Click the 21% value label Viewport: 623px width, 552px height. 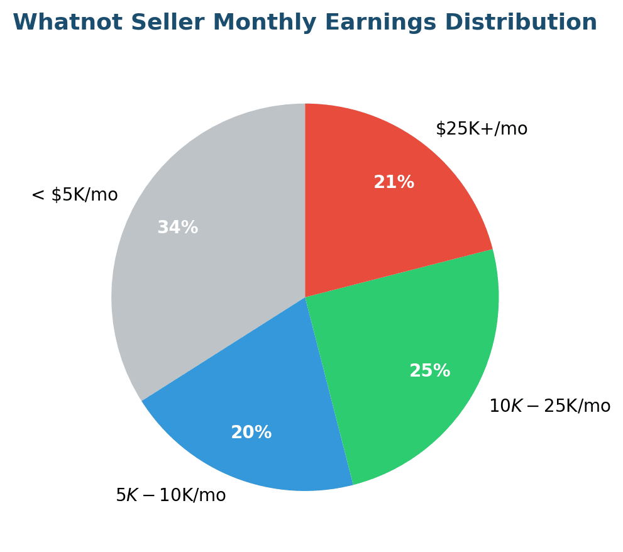coord(394,183)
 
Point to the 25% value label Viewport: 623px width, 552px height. coord(429,372)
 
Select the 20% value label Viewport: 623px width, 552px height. coord(251,433)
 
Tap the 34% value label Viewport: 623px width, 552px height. coord(177,228)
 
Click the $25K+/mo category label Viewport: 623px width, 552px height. coord(482,130)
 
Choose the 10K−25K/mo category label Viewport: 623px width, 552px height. coord(549,407)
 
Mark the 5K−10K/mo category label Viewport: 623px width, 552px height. coord(170,496)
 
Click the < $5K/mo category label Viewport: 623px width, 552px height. coord(74,196)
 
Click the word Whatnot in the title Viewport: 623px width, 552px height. coord(58,23)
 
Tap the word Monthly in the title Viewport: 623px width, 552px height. coord(258,23)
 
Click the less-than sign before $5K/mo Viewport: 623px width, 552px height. coord(38,196)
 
